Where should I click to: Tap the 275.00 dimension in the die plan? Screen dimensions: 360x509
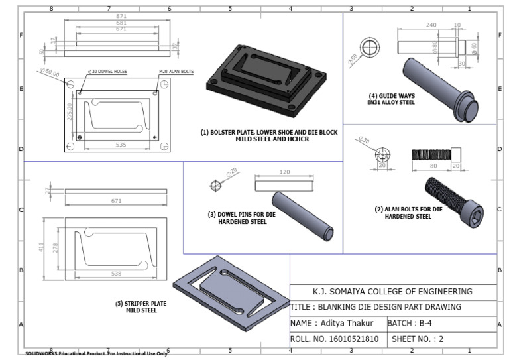70,110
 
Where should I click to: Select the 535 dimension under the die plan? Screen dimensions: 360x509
121,143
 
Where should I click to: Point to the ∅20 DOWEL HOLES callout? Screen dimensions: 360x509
107,71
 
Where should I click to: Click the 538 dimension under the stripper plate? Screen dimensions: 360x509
115,273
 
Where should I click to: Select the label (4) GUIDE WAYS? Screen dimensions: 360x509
392,95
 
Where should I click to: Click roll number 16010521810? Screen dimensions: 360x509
335,339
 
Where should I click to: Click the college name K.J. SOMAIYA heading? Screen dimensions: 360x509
392,291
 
